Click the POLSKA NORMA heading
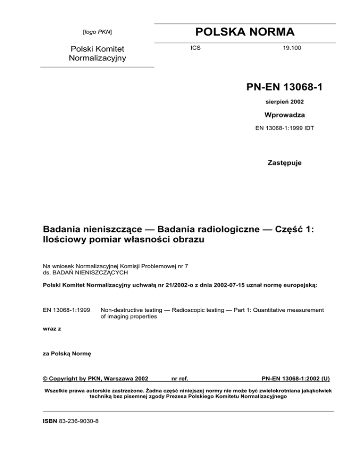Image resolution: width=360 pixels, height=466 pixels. point(245,32)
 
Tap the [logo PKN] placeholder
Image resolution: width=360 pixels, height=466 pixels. point(97,32)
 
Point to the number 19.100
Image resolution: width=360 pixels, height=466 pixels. point(286,48)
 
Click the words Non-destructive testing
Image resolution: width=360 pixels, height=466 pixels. point(129,309)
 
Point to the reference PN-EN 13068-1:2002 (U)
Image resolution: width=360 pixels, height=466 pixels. point(296,377)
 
